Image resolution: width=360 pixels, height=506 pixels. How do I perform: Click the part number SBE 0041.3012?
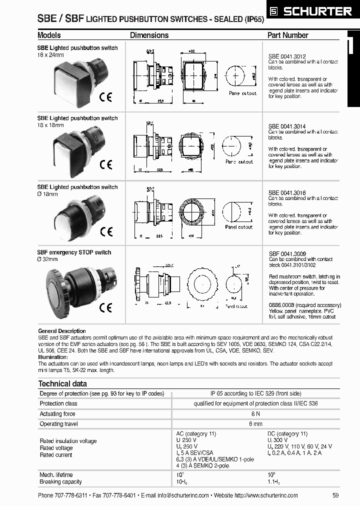pos(287,56)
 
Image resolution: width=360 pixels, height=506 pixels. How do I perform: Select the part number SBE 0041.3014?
pos(287,126)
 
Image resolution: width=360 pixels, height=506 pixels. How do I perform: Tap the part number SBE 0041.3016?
pos(287,192)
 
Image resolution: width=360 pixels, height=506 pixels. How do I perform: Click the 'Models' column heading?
pos(49,35)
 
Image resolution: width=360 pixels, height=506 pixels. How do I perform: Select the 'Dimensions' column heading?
pos(149,35)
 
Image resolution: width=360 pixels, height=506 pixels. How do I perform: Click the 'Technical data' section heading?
pos(62,383)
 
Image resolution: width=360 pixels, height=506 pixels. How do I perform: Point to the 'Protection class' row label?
pos(58,403)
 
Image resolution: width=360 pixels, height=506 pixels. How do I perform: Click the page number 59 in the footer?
pos(335,495)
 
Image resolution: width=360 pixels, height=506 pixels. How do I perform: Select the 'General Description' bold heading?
pos(62,331)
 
